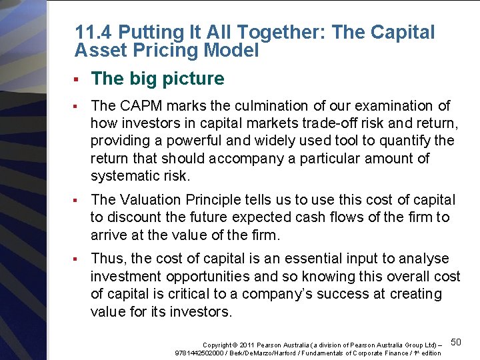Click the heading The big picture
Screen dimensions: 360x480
pos(157,79)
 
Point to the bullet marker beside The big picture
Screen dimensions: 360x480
pos(77,79)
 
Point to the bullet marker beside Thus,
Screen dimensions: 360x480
pos(77,259)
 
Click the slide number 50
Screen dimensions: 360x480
pos(456,342)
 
